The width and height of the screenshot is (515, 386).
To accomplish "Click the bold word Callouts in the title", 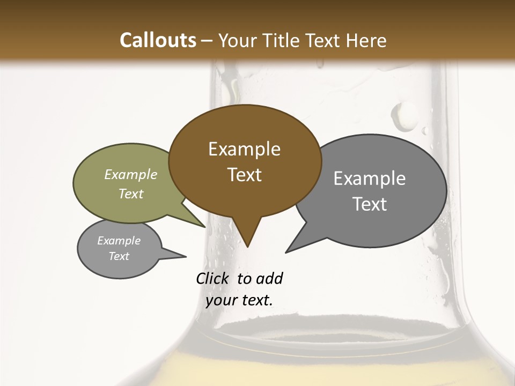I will point(158,40).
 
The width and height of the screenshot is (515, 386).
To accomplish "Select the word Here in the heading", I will point(366,40).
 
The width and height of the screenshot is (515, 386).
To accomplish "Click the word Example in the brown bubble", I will point(244,149).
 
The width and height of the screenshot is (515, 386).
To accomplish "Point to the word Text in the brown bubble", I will point(244,175).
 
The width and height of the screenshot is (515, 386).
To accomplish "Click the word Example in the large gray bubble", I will point(369,179).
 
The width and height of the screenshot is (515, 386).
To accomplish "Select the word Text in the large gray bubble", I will point(370,204).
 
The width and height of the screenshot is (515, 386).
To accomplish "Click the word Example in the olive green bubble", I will point(130,175).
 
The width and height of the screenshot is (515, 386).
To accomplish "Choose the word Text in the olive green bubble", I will point(130,194).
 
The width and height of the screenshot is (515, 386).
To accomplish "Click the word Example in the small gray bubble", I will point(119,241).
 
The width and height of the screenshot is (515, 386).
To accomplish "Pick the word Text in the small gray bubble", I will point(119,256).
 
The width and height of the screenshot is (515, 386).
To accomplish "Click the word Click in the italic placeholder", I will point(214,278).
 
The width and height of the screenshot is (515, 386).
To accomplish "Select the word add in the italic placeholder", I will point(269,278).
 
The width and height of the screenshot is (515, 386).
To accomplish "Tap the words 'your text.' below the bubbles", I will point(239,300).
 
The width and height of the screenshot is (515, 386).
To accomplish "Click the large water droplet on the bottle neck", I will point(403,115).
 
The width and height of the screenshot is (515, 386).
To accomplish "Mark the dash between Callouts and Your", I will point(207,41).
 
